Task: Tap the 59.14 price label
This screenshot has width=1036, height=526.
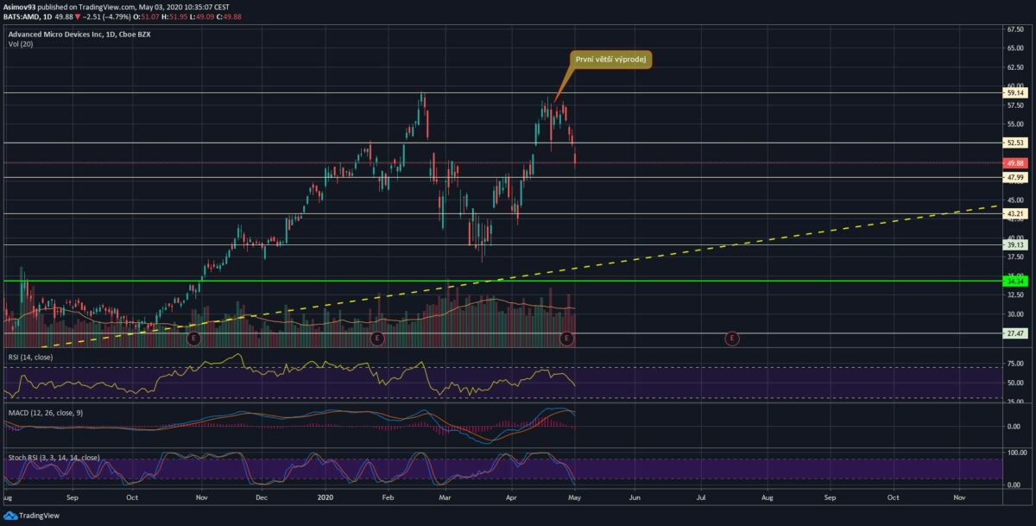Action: tap(1015, 92)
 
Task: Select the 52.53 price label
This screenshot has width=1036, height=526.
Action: tap(1015, 143)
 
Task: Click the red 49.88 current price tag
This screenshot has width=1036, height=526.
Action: tap(1015, 162)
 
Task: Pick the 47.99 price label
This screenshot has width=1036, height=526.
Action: tap(1015, 177)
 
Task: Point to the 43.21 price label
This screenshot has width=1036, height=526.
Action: tap(1015, 213)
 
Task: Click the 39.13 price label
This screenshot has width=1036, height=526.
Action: tap(1015, 244)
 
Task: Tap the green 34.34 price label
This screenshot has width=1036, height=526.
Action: tap(1015, 281)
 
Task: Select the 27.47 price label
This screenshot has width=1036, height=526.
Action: tap(1015, 333)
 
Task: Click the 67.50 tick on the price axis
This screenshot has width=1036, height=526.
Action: tap(1015, 29)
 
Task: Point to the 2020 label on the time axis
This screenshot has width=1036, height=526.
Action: tap(325, 498)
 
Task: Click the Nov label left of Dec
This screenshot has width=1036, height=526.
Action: tap(201, 498)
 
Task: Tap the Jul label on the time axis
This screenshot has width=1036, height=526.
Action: tap(701, 498)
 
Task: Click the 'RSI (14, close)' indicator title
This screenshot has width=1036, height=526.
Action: tap(31, 356)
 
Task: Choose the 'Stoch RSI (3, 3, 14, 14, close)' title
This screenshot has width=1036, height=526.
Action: tap(54, 457)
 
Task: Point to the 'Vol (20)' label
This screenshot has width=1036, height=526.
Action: tap(20, 45)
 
